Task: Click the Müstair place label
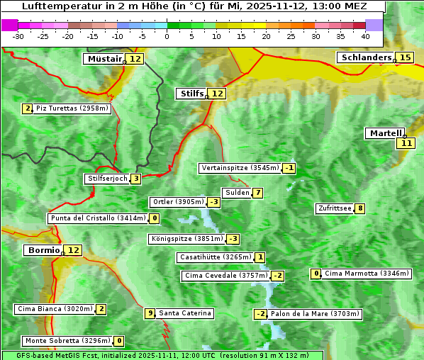pos(104,59)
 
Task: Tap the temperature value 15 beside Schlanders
pos(405,57)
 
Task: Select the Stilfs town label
pos(191,94)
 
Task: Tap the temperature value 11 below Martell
pos(405,143)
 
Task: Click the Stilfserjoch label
pos(107,179)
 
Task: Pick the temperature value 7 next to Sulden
pos(258,193)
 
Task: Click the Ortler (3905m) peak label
pos(179,202)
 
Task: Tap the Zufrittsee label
pos(335,208)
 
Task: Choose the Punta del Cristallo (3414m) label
pos(98,218)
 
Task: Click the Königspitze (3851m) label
pos(186,239)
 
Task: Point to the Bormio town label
pos(43,250)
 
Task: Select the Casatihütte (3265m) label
pos(215,257)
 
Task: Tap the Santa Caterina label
pos(184,313)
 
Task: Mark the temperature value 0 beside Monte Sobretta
pos(119,341)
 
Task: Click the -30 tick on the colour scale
pos(19,36)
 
